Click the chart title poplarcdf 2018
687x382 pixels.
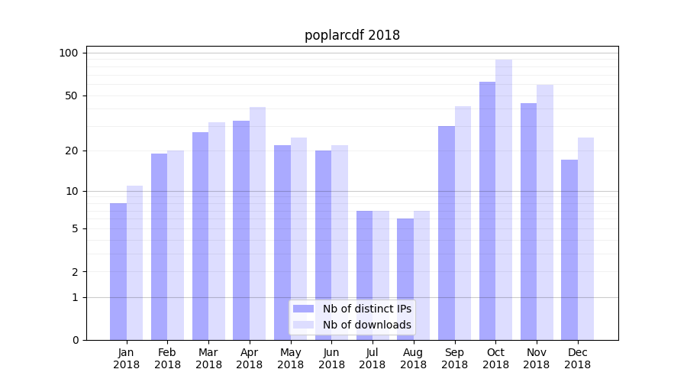352,35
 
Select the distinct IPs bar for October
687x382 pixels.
487,211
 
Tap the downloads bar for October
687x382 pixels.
504,199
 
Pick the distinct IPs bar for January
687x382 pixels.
118,271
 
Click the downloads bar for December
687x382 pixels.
585,238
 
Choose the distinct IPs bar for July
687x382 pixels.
364,275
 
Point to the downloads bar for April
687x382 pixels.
257,223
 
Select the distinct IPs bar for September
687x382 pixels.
447,233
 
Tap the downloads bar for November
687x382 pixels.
544,212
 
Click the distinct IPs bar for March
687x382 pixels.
200,236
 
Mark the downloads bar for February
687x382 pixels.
176,245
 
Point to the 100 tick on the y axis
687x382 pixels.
69,53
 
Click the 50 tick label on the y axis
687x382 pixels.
71,95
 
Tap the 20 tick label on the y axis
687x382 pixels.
71,151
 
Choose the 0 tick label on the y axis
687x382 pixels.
74,340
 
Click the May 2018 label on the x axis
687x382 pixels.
290,358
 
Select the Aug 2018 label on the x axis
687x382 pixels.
413,358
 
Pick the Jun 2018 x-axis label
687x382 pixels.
331,358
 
